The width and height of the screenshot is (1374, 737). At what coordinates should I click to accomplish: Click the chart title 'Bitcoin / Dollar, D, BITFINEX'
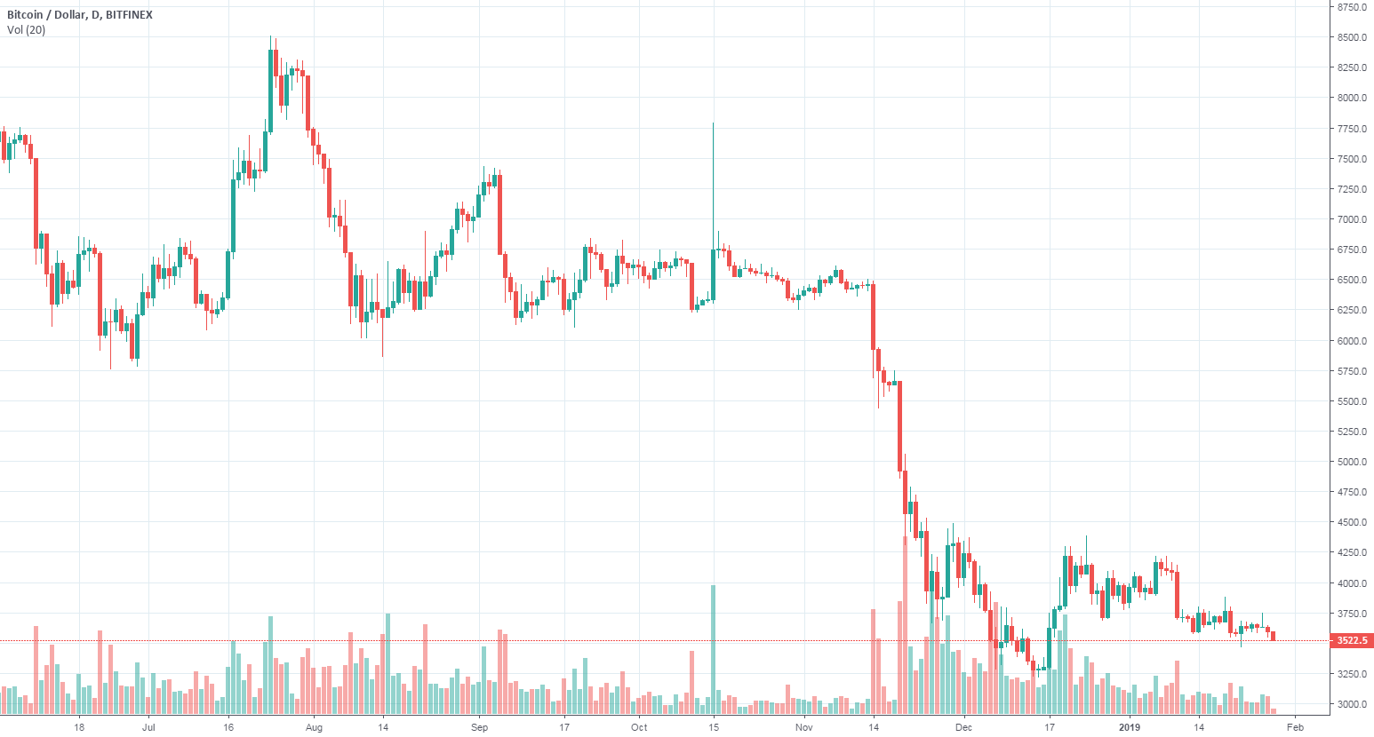point(79,15)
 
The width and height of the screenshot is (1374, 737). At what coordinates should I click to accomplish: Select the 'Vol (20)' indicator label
point(27,30)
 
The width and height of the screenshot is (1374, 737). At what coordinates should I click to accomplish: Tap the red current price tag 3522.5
point(1351,640)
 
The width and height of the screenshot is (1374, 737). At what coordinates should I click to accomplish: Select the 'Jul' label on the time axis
point(148,727)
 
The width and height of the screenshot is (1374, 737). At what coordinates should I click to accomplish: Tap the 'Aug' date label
point(314,727)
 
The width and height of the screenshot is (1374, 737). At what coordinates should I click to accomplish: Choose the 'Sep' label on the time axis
point(479,727)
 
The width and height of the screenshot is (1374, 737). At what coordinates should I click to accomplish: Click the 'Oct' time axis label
point(639,727)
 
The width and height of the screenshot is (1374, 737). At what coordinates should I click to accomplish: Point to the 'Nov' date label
point(804,727)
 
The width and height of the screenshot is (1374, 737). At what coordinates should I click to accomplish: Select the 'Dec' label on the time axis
point(964,727)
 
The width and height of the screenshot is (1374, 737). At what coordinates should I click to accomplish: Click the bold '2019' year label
point(1129,727)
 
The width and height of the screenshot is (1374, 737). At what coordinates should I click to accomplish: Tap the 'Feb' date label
point(1295,727)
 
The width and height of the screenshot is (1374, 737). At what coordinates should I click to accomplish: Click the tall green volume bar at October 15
point(713,648)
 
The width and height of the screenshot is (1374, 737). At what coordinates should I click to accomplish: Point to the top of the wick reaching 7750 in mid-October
point(713,123)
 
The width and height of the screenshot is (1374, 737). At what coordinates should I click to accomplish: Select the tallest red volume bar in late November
point(906,622)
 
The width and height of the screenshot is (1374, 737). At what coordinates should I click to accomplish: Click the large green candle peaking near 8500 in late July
point(270,89)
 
